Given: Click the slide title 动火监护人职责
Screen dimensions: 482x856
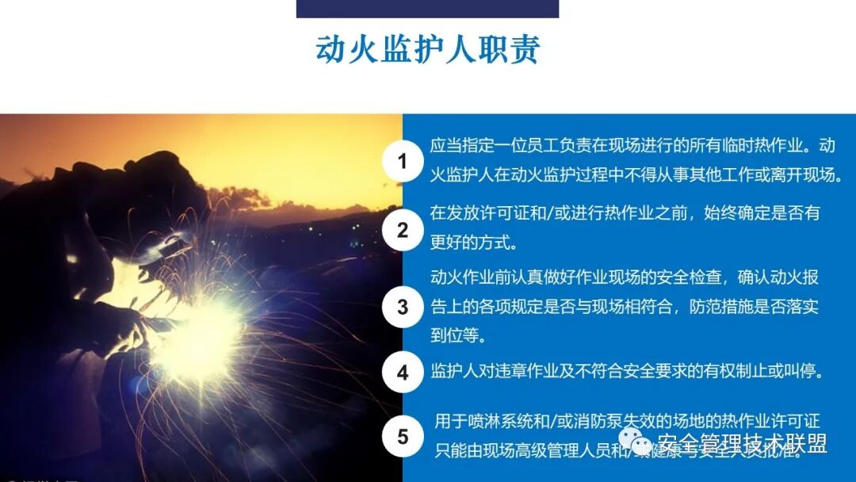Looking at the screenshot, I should tap(428, 49).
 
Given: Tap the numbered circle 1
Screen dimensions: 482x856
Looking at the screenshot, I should tap(402, 162).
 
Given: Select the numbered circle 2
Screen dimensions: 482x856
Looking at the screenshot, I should tap(402, 231).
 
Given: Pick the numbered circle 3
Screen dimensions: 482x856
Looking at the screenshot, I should tap(402, 306).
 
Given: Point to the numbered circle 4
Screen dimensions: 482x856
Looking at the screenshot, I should tap(402, 372).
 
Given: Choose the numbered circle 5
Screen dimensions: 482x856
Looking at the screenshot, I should tap(402, 437).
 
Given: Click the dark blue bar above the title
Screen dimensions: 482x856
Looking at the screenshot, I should tap(427, 9).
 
